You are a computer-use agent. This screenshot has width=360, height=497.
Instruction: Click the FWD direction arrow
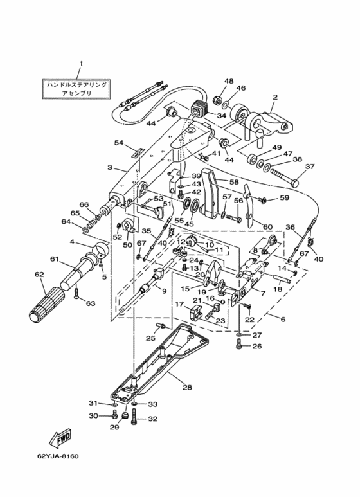coord(60,438)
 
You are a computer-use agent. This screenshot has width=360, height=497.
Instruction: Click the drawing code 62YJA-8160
coord(58,456)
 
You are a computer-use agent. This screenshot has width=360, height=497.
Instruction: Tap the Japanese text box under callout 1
coord(76,89)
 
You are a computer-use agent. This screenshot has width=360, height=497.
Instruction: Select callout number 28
coord(187,387)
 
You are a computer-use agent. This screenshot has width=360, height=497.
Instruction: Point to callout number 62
coord(40,274)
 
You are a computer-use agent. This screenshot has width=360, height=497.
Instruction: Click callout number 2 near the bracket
coord(275,97)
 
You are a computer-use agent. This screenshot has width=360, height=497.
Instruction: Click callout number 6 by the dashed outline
coord(283,319)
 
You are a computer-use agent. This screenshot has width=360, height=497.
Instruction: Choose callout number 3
coord(110,167)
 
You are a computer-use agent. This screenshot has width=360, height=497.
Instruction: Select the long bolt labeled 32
coord(136,419)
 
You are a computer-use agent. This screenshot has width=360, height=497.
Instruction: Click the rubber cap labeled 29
coord(125,415)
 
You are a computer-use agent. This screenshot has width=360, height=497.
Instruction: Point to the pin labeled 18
coord(282,278)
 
